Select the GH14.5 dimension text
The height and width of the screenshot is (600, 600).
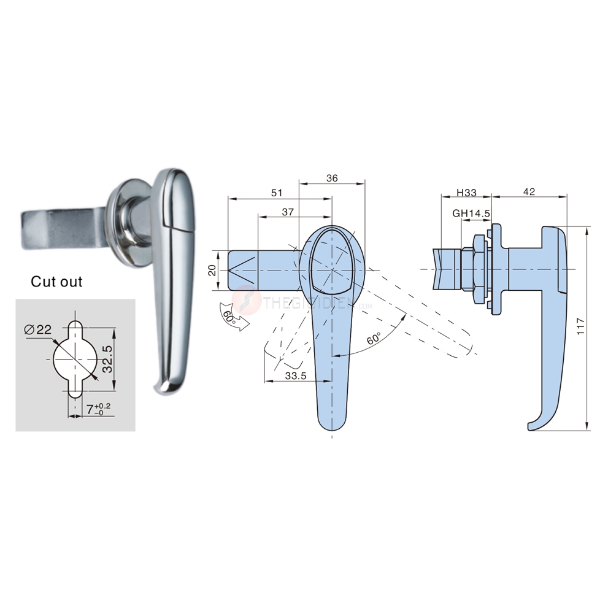[x=471, y=213]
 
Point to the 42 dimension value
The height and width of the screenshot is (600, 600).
[x=529, y=192]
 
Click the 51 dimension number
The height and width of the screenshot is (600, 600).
[x=277, y=193]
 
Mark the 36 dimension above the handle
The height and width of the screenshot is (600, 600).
[x=332, y=178]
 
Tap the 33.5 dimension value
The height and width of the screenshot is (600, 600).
[x=295, y=376]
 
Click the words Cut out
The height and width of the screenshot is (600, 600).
[x=56, y=282]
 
